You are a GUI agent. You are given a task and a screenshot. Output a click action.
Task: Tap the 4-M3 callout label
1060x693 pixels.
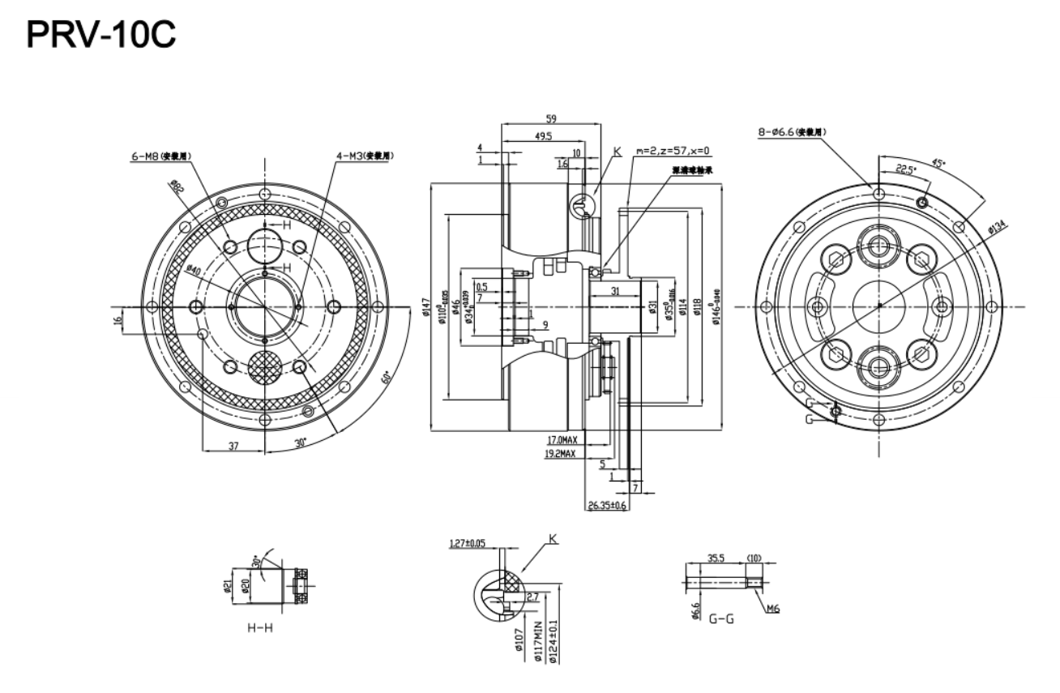tap(360, 155)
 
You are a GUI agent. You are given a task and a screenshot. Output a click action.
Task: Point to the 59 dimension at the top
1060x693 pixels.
tap(551, 118)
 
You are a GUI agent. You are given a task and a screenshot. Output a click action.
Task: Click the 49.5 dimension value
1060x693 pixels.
tap(543, 137)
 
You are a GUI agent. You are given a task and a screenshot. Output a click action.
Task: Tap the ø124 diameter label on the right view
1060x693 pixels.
tap(997, 231)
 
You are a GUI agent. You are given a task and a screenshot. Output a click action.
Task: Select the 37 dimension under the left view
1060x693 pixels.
tap(233, 446)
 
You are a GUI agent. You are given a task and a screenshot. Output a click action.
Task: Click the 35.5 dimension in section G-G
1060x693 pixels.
tap(716, 558)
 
